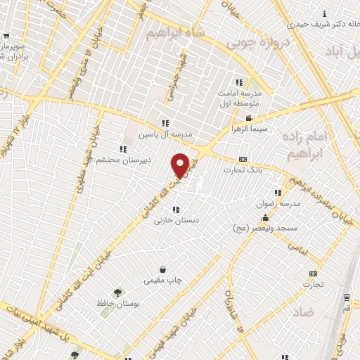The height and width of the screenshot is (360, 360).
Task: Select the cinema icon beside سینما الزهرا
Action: point(249,118)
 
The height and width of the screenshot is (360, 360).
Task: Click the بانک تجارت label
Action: point(243,170)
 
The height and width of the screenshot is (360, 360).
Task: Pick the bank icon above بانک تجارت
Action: point(243,159)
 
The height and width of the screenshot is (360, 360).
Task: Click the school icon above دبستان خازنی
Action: point(175,209)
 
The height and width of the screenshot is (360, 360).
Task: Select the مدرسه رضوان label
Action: point(279,203)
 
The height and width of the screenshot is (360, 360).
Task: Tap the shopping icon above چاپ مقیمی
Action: point(163,269)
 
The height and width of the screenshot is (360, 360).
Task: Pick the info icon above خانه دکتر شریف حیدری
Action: point(323,14)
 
